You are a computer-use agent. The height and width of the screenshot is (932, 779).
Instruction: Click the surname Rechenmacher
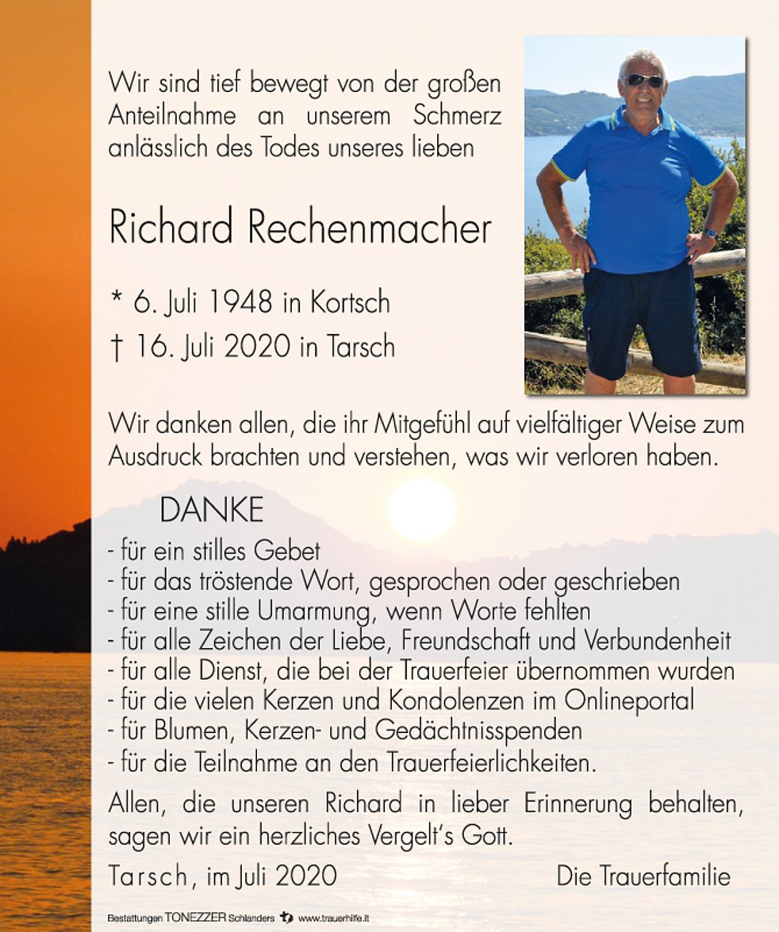pos(369,229)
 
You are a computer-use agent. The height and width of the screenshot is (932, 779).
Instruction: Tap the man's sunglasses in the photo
pos(643,81)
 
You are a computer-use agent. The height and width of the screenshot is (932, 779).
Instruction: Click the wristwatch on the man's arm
pos(711,233)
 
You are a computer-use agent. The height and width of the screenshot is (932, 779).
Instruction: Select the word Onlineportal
pos(629,700)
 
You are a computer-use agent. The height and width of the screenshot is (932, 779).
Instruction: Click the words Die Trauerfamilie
pos(643,876)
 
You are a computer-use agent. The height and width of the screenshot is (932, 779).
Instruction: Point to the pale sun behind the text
pos(422,509)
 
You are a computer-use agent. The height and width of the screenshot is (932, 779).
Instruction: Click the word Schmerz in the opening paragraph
pos(457,116)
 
